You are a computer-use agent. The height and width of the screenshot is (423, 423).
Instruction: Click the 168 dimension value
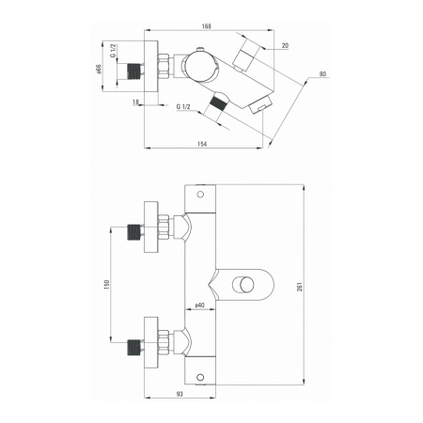point(207,26)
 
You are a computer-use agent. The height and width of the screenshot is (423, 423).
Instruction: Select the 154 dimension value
point(202,144)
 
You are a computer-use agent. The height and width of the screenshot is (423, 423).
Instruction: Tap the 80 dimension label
point(322,74)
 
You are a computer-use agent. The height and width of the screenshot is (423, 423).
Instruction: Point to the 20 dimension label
point(285,46)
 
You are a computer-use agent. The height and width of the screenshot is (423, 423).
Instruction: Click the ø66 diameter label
point(99,69)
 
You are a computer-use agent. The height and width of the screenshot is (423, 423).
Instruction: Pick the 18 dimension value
point(135,102)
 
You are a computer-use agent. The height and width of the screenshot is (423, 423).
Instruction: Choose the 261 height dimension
point(300,287)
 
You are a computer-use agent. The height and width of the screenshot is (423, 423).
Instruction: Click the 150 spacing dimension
point(107,285)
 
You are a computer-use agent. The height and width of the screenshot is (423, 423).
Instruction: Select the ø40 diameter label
point(199,305)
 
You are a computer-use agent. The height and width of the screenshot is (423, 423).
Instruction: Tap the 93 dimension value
point(180,394)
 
